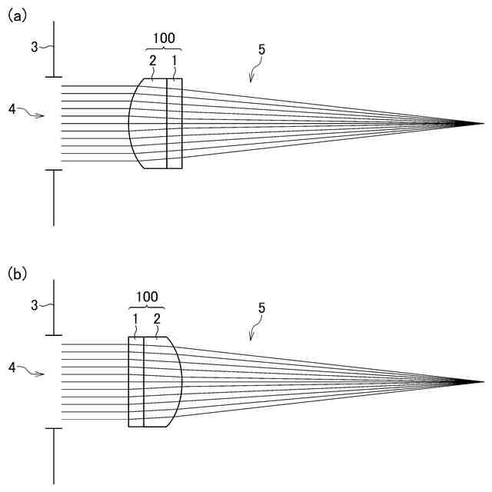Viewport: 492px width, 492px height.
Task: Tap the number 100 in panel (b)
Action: (147, 296)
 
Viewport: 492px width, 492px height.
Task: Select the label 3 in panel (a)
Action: (34, 47)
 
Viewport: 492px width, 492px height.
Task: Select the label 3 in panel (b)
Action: (34, 305)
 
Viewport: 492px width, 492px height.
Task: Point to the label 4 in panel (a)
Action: (12, 110)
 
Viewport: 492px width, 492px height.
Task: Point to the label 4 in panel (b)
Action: (12, 368)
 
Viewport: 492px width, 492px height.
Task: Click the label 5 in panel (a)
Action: (261, 51)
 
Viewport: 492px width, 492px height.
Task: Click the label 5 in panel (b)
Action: (261, 308)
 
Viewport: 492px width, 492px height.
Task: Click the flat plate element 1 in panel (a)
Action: (175, 123)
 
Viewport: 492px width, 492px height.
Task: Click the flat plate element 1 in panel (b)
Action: (136, 381)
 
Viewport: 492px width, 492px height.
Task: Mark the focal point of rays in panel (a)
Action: (482, 123)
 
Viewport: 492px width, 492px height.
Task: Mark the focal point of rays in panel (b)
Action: (482, 381)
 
